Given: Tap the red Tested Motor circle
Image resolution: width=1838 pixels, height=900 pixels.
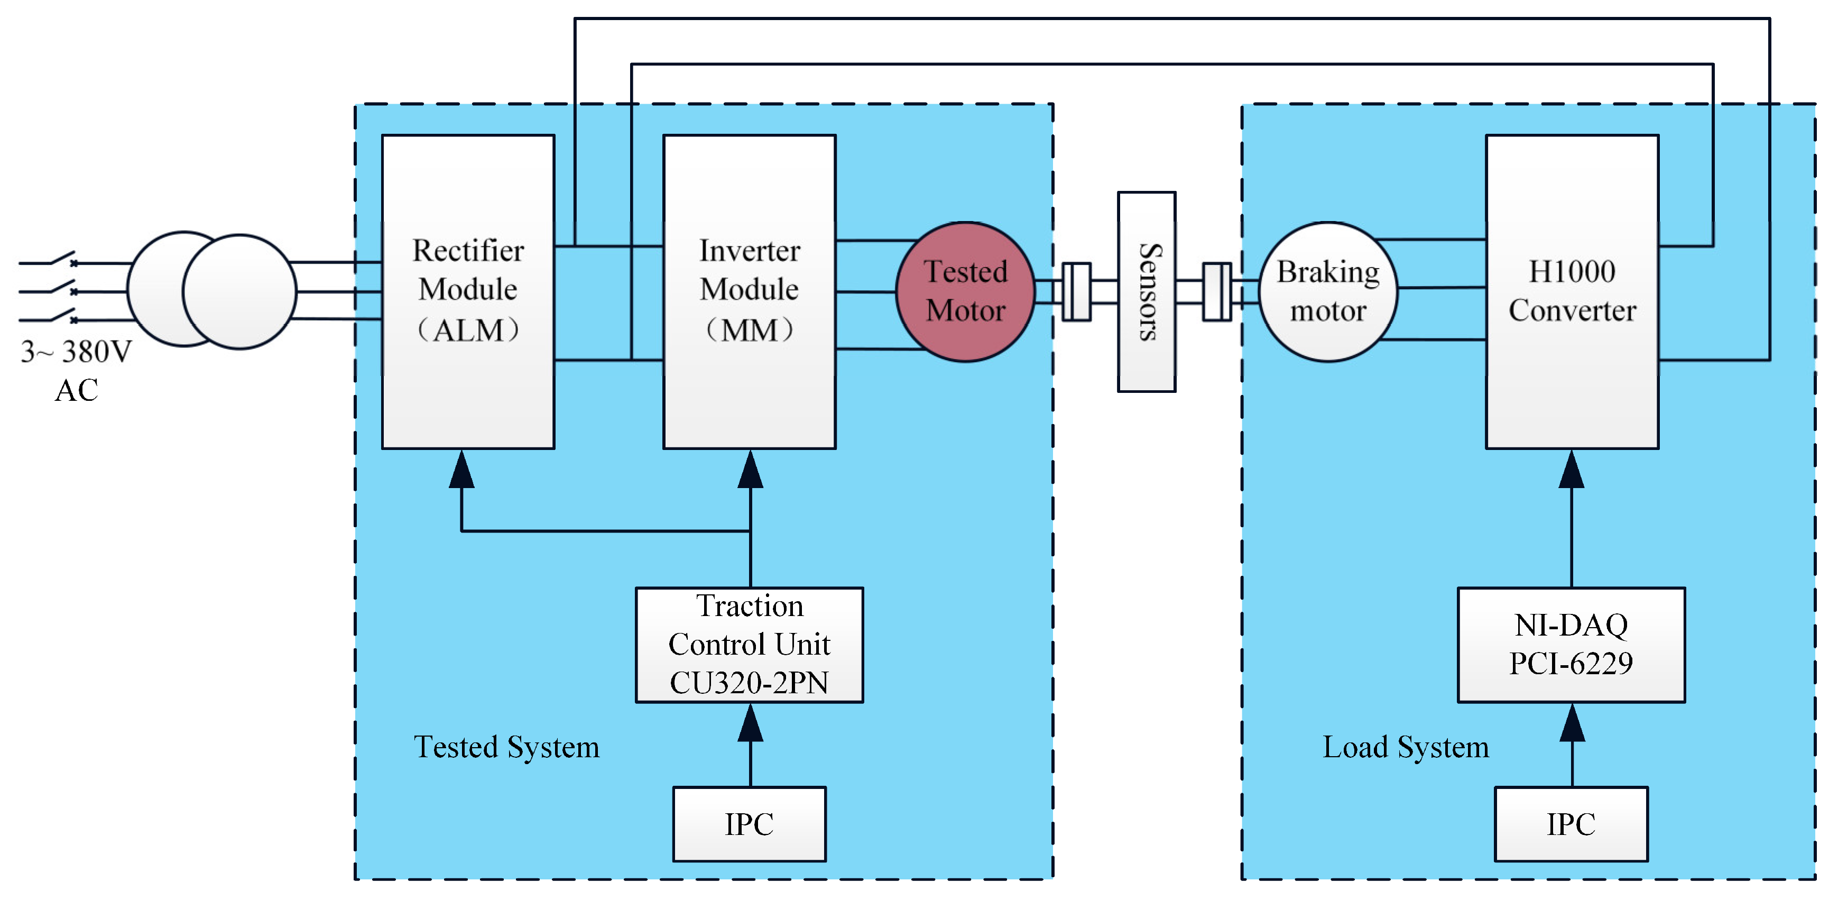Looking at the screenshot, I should (965, 291).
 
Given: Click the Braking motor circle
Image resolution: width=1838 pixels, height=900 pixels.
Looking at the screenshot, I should (1327, 291).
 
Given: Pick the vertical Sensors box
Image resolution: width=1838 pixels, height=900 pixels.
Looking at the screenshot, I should (1146, 291).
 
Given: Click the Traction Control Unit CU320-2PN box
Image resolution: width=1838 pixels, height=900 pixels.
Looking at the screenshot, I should (749, 645).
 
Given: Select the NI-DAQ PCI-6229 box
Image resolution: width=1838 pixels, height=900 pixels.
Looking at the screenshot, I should (1571, 645).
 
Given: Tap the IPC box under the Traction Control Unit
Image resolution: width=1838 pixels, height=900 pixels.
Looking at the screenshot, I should (749, 824).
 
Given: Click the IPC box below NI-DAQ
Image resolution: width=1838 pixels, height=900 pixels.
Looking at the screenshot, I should (1571, 824).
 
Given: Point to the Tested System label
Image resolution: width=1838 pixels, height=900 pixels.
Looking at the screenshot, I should (506, 747).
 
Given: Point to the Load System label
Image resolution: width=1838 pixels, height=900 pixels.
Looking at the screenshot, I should (1406, 747).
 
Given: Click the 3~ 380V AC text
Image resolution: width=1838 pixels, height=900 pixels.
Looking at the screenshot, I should (76, 370).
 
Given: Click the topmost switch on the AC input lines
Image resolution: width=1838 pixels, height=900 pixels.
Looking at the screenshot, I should (61, 259).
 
